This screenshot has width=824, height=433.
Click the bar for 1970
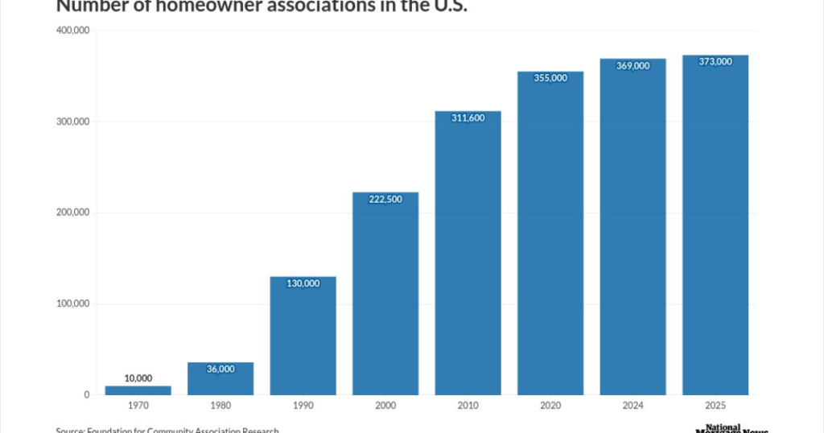click(138, 390)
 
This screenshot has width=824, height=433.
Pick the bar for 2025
click(715, 225)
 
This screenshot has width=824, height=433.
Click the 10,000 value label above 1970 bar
click(138, 378)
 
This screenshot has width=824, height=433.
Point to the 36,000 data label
click(220, 369)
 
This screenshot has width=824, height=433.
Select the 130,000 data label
click(303, 283)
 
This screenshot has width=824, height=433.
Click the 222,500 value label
click(385, 200)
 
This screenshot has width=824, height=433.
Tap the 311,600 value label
click(468, 118)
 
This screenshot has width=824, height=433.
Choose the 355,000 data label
click(550, 78)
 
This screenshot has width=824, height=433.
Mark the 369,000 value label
click(632, 66)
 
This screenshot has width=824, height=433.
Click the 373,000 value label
click(715, 62)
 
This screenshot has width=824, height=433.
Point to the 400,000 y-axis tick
click(72, 31)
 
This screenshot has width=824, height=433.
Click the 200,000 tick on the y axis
click(72, 212)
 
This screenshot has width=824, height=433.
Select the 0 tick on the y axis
click(86, 394)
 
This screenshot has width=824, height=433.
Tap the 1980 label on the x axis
click(220, 406)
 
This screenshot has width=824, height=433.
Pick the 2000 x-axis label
click(385, 406)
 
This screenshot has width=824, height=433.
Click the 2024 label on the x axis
click(632, 406)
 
